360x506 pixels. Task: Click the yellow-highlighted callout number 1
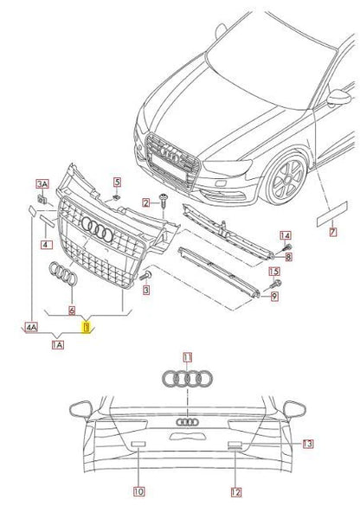click(x=86, y=327)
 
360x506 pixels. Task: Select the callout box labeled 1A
click(x=59, y=344)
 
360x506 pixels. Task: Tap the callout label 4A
click(x=31, y=328)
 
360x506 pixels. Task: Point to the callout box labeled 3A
click(x=41, y=184)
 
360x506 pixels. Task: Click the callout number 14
click(x=286, y=235)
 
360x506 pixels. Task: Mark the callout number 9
click(x=274, y=298)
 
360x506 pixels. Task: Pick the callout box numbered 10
click(x=138, y=491)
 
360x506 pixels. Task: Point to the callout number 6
click(x=72, y=309)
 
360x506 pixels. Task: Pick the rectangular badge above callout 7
click(x=324, y=212)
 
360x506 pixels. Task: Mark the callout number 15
click(x=274, y=271)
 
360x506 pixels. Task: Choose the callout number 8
click(x=288, y=257)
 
